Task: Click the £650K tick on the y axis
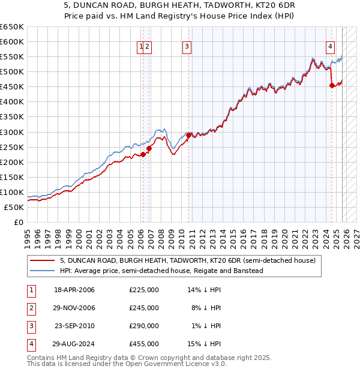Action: [x=12, y=27]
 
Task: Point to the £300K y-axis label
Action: [x=12, y=132]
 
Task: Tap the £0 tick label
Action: [x=18, y=223]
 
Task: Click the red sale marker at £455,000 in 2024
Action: [x=332, y=85]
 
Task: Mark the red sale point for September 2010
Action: [x=188, y=135]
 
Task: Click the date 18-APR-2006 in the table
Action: [x=74, y=290]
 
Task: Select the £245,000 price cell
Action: [x=144, y=308]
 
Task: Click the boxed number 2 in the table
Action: [x=30, y=308]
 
